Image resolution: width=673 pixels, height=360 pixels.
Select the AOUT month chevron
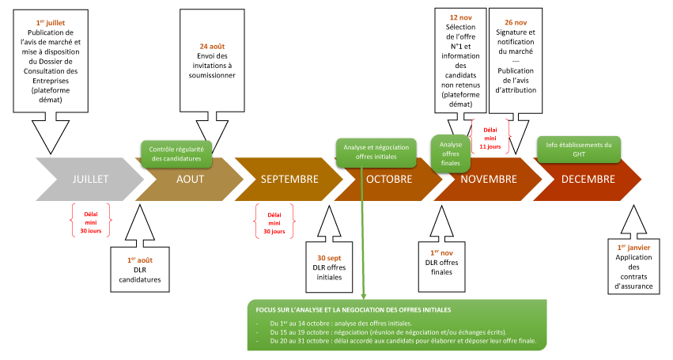(190, 180)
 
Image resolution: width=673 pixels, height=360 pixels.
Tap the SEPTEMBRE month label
(289, 180)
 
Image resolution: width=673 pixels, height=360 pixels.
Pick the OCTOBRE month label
(389, 180)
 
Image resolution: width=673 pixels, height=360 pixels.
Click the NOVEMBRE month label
(488, 180)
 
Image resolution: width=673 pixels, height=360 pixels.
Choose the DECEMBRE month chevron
(588, 180)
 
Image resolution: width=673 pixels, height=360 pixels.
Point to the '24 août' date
(213, 46)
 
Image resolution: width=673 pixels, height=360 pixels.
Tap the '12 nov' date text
(460, 17)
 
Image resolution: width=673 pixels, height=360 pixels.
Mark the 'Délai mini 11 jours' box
(490, 135)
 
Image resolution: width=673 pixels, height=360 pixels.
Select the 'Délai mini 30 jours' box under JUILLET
(91, 221)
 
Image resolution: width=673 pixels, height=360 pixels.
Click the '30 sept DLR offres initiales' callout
(329, 267)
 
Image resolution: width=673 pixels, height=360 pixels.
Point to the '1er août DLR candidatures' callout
(139, 269)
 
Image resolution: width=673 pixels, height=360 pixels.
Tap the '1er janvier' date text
(634, 247)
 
